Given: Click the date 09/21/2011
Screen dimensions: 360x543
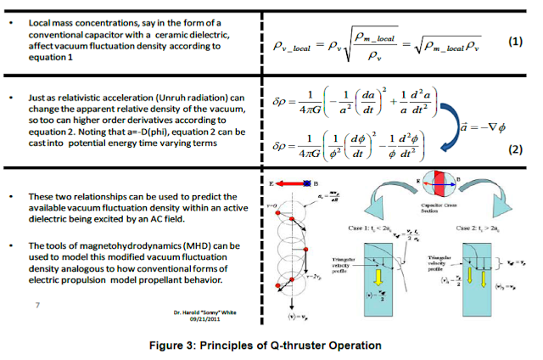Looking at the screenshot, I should pyautogui.click(x=205, y=321).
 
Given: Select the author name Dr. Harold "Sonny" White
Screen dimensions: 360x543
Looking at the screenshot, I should pyautogui.click(x=205, y=313).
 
